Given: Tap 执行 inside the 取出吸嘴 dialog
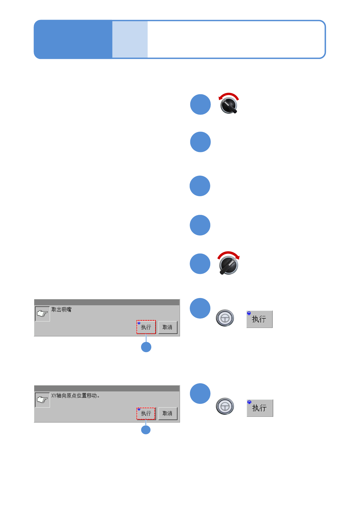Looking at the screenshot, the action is tap(146, 327).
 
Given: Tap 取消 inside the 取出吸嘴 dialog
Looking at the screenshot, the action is tap(168, 327).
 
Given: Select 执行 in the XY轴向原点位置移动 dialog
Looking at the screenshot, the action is tap(146, 413).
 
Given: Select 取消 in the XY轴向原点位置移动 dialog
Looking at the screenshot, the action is tap(168, 413).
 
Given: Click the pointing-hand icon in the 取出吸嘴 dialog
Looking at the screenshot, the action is tap(42, 314).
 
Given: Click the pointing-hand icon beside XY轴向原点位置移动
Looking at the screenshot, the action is tap(42, 400).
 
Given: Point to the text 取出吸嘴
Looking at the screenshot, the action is tap(61, 310).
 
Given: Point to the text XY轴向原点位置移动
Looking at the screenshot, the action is tap(75, 396).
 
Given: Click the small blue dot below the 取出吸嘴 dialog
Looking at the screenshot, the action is tap(146, 347).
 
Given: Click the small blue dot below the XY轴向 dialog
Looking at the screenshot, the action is tap(146, 430).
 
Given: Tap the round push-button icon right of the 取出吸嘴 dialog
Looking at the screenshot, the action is tap(225, 318).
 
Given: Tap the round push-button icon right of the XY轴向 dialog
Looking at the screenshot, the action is tap(225, 406).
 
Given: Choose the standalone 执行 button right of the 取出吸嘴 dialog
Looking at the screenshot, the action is tap(259, 319).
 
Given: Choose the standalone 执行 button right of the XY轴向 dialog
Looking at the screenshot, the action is tap(260, 408).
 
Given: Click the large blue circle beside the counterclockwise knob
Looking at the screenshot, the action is tap(200, 105).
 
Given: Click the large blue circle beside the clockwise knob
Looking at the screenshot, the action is tap(200, 264).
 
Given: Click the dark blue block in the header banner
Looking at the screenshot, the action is tap(73, 39).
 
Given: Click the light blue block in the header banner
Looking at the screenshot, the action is tap(130, 39).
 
